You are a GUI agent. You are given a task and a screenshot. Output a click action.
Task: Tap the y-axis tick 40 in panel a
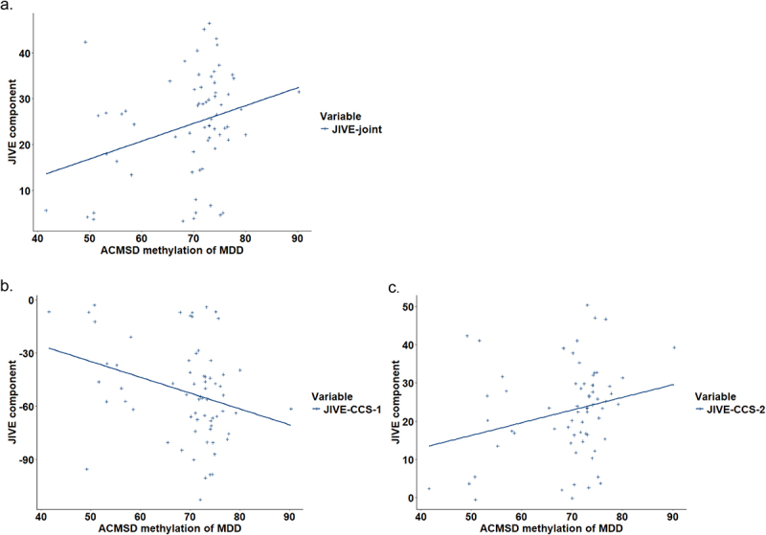point(26,53)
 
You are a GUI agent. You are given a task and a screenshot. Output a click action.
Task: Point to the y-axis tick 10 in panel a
point(26,190)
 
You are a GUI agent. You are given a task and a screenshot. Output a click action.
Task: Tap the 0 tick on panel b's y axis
point(28,301)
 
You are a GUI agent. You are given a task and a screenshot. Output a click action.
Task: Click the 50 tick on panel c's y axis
point(409,306)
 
